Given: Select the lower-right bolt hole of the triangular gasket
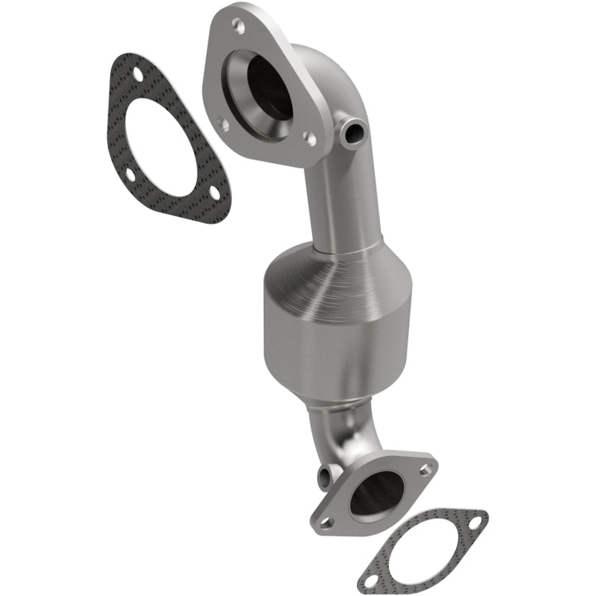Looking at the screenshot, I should (x=214, y=192).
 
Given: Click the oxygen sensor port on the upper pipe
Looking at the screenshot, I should (x=353, y=131).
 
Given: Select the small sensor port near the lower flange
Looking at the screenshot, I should (x=324, y=476).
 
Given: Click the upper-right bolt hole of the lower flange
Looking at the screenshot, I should (x=425, y=469).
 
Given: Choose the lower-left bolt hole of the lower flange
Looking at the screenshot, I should (x=325, y=522).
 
